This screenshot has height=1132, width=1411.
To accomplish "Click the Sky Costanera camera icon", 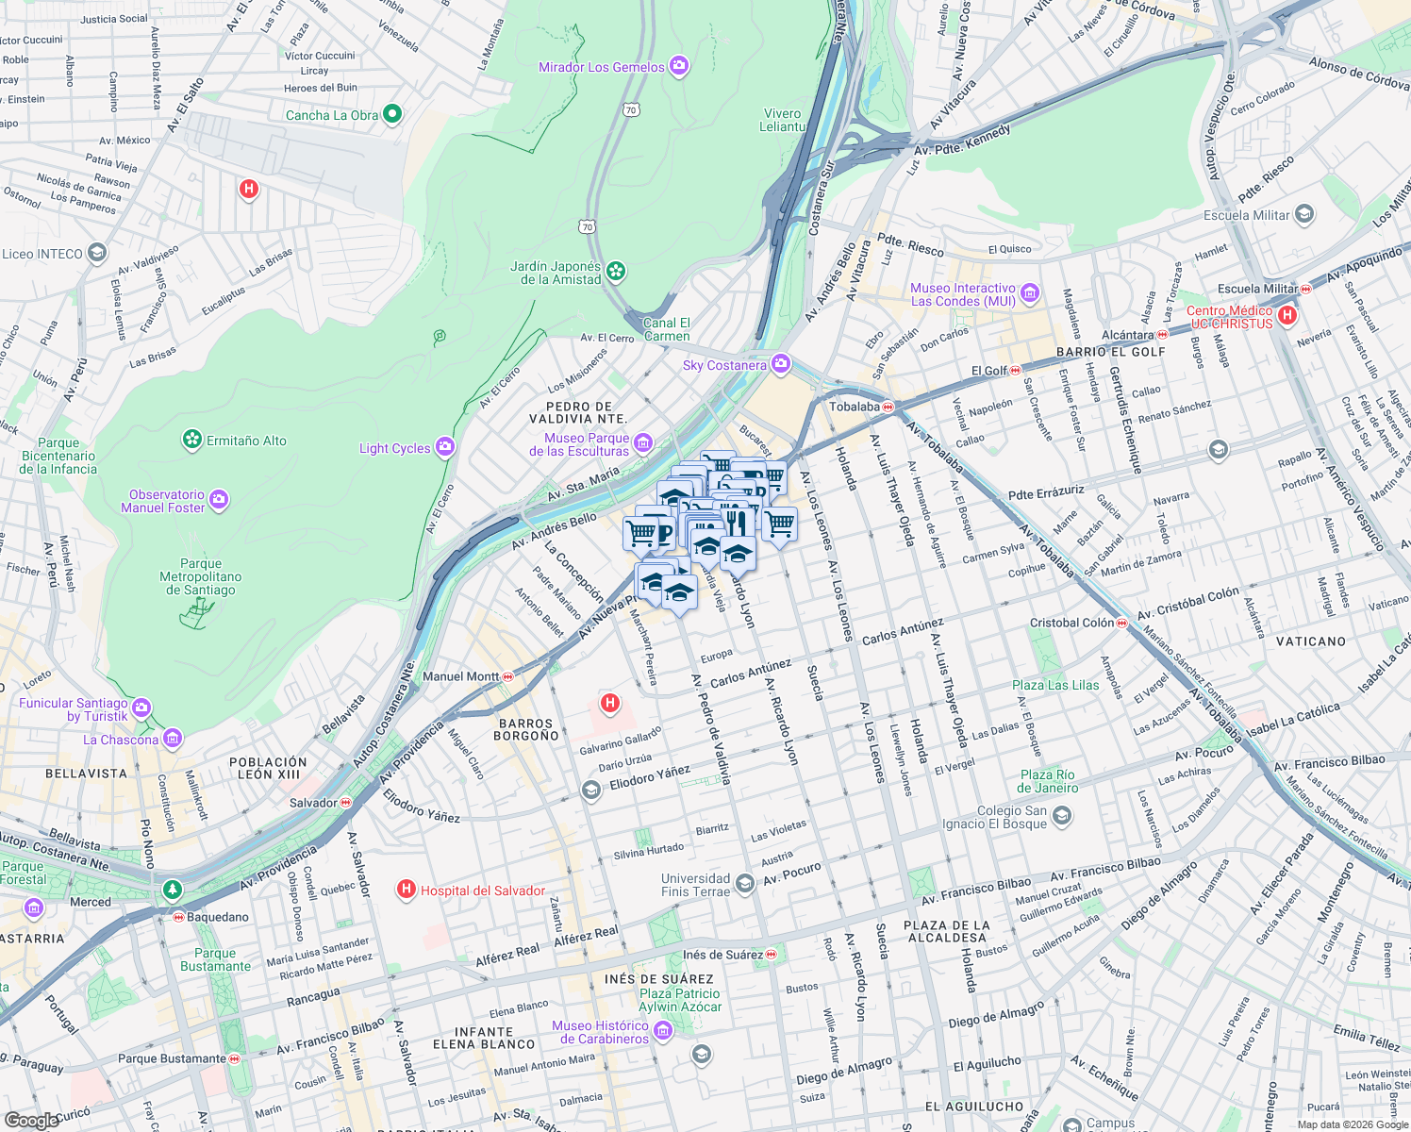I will [780, 364].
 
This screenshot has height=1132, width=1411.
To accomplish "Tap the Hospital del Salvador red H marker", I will [407, 890].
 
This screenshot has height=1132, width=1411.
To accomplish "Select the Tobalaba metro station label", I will [855, 407].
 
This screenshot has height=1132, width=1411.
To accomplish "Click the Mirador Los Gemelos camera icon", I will [678, 66].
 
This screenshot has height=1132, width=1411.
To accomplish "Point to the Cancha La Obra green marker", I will [392, 114].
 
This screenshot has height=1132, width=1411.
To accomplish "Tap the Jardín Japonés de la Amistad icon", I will [616, 272].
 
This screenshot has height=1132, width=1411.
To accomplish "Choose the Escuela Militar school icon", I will [1303, 214].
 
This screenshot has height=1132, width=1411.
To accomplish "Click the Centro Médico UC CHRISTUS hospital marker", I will [1287, 315].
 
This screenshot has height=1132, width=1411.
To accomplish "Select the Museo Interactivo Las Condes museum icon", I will [1029, 293].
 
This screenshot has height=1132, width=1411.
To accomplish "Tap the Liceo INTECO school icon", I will [96, 253].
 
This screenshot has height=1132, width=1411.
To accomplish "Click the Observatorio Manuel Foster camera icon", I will [219, 500].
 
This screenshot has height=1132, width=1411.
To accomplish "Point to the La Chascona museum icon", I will [173, 739].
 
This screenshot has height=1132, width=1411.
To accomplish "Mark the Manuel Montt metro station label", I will [461, 676].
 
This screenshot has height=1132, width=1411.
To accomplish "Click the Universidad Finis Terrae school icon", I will [744, 883].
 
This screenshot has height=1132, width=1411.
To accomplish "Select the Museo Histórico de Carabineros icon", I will [662, 1031].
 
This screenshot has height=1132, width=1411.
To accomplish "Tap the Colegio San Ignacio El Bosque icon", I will [1061, 815].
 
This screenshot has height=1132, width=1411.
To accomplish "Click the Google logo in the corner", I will [31, 1120].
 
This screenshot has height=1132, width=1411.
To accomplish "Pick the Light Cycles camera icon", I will [445, 447].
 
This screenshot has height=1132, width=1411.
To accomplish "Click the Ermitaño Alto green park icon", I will [192, 440].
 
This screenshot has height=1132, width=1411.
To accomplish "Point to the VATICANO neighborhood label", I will [1311, 641].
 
